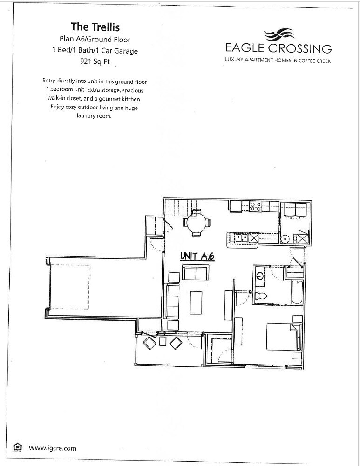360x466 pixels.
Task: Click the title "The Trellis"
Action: point(95,27)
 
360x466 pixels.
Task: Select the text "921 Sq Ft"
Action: point(95,61)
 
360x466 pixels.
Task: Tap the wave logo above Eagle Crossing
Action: point(278,35)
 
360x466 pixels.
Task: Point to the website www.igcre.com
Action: point(52,448)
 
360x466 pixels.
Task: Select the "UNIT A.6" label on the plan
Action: point(197,256)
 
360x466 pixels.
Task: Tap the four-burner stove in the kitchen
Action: point(255,206)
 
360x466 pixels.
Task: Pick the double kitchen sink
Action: point(241,237)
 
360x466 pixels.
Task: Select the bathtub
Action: point(297,292)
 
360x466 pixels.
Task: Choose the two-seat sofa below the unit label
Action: point(196,272)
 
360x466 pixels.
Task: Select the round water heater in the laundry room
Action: point(285,239)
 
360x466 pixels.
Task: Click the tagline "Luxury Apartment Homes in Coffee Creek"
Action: point(278,61)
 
